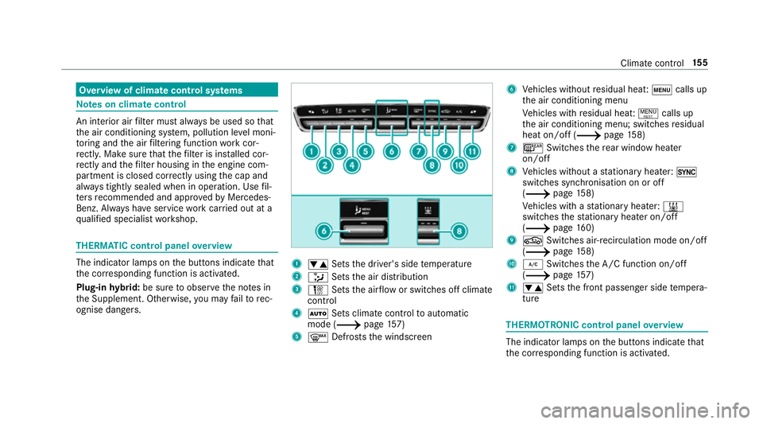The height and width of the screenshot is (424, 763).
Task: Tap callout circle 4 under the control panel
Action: pos(351,165)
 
